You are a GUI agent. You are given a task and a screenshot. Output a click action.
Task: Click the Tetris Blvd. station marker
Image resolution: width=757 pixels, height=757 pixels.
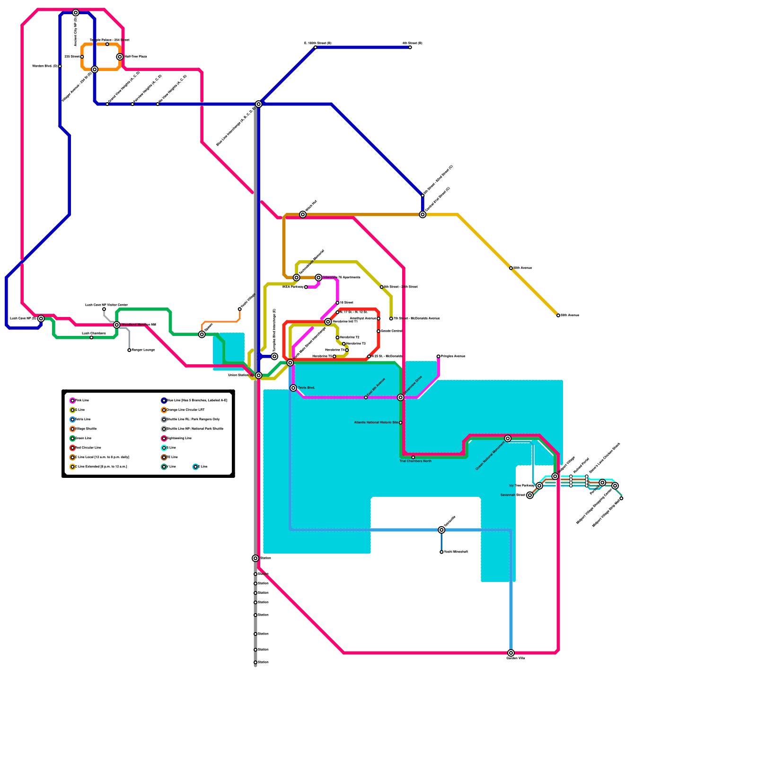(293, 388)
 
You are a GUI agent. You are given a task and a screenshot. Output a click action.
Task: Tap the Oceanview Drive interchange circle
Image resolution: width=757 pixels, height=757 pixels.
(401, 397)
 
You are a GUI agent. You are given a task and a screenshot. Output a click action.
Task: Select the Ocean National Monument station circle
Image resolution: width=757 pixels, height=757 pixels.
(508, 439)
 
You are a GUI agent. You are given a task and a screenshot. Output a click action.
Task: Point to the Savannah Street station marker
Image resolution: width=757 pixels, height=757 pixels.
(530, 495)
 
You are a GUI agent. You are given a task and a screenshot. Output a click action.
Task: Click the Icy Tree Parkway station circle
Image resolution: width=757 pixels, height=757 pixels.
(539, 486)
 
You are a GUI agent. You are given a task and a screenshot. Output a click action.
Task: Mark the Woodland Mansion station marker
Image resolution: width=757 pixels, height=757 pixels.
(117, 325)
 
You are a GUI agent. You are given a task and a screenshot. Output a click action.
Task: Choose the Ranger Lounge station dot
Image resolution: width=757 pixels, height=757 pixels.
(129, 350)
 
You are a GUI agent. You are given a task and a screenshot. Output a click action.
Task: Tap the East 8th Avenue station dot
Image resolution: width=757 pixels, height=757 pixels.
(366, 397)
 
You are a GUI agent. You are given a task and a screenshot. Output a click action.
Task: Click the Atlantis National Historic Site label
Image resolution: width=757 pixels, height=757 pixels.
(376, 423)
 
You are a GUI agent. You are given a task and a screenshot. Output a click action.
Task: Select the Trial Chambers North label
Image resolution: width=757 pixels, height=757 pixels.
(415, 461)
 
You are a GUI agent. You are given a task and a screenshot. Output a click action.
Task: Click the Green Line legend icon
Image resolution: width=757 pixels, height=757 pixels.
(72, 439)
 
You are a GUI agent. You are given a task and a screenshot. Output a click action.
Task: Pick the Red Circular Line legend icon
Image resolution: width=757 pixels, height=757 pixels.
(72, 448)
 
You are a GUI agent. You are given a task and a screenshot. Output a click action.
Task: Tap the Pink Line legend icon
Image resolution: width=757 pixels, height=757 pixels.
(72, 401)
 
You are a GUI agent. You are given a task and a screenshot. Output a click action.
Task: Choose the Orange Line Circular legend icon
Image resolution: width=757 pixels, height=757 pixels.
(164, 410)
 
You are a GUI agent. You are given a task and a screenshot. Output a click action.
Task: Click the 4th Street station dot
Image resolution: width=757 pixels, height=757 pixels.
(410, 47)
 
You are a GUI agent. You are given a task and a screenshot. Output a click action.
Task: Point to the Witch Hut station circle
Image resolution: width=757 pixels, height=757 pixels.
(303, 215)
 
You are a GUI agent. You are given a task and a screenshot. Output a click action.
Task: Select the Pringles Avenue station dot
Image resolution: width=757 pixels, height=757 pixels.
(439, 356)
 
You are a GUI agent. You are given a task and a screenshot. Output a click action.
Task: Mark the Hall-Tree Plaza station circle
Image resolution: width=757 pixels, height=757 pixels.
(120, 57)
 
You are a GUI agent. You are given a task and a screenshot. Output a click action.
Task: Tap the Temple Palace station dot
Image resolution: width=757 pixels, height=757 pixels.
(107, 44)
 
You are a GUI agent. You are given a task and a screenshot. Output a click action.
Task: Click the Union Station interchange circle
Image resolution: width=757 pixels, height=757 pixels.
(258, 375)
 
